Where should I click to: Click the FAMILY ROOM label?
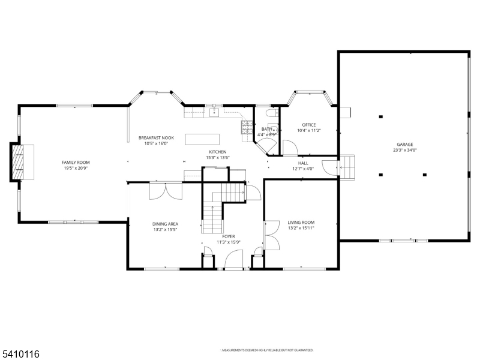coord(76,163)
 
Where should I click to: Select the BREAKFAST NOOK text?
coord(156,137)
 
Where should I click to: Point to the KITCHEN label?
coord(217,152)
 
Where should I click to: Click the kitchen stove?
coord(247,126)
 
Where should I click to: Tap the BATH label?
coord(266,129)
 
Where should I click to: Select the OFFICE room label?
coord(309,125)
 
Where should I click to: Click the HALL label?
coord(304,163)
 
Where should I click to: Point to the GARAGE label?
coord(404,145)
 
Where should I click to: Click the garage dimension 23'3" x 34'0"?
coord(404,151)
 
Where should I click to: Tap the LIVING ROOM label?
coord(301,222)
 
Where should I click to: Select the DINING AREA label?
coord(164,224)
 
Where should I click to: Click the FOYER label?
coord(228,236)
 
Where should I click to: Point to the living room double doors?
coord(271,235)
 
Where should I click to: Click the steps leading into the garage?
coord(347,166)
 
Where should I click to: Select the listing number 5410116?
coord(20,354)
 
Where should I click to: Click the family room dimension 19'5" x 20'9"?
coord(76,169)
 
